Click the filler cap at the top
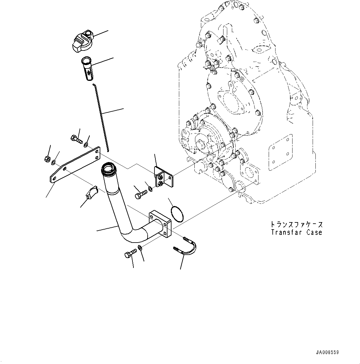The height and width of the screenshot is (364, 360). [x=81, y=42]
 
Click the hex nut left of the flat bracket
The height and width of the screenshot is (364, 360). [x=47, y=159]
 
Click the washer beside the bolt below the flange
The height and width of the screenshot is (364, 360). [x=140, y=248]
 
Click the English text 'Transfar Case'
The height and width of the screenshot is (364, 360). [x=296, y=232]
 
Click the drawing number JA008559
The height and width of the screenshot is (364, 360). [x=327, y=352]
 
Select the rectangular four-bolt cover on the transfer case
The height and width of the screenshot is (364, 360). [x=281, y=152]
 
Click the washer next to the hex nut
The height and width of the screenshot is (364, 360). [x=54, y=162]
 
